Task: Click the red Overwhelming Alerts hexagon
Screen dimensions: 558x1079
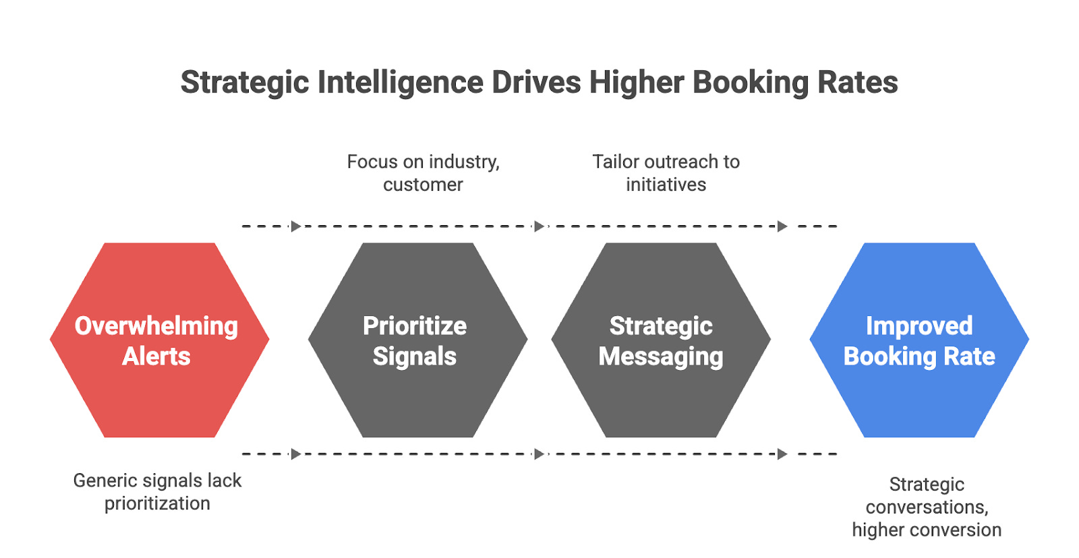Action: [159, 398]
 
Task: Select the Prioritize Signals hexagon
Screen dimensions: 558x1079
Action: [417, 398]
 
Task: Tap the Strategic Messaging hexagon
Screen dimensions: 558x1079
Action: [661, 398]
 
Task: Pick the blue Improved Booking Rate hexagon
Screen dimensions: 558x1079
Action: [919, 398]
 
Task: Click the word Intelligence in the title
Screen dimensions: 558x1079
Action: [401, 83]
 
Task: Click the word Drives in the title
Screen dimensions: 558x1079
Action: [536, 83]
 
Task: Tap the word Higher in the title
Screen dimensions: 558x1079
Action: [637, 83]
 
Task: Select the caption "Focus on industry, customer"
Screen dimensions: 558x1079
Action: [423, 173]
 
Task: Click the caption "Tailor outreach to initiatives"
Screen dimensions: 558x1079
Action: [666, 173]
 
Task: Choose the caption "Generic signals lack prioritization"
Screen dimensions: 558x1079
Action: [157, 492]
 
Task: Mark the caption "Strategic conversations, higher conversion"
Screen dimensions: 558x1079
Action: [927, 507]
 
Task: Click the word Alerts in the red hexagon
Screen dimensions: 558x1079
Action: [156, 356]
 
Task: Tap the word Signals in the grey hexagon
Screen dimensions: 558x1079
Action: [415, 356]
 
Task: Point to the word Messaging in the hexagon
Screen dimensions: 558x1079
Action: [661, 356]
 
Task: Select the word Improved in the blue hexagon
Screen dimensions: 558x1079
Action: [919, 326]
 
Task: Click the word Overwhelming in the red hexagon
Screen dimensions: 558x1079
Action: [156, 326]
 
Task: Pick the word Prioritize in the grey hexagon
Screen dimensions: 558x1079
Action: [415, 326]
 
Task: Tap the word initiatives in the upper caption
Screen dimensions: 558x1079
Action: [666, 185]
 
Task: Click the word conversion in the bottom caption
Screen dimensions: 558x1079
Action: [960, 530]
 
